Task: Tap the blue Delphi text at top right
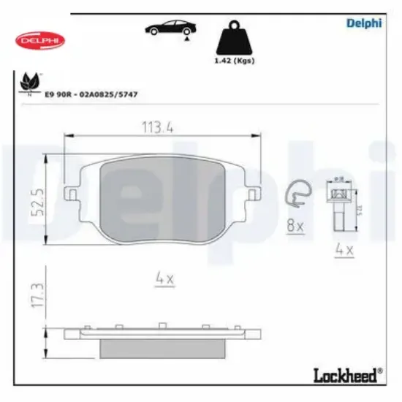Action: click(363, 22)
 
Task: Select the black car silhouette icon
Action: click(170, 30)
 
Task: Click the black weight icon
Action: click(232, 37)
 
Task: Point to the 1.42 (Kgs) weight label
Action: click(232, 62)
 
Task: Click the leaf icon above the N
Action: click(29, 81)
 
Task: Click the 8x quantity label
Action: click(295, 227)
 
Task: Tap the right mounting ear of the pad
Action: click(251, 195)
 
